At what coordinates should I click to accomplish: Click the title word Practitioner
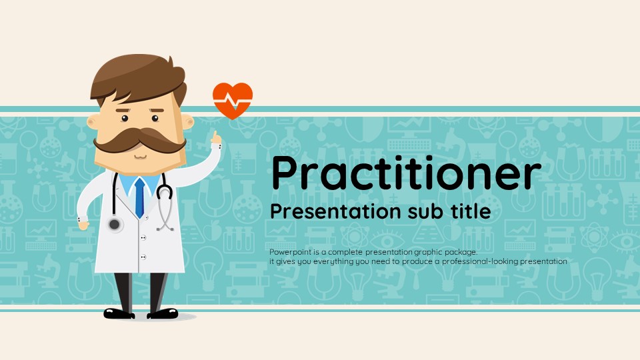click(x=406, y=173)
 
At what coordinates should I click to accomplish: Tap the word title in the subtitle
click(x=471, y=211)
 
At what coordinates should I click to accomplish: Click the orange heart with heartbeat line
click(x=233, y=101)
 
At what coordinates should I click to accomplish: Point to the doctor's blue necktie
click(x=139, y=197)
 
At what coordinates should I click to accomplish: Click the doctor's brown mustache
click(x=139, y=139)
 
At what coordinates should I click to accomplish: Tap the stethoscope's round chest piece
click(x=115, y=224)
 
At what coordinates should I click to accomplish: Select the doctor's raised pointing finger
click(x=214, y=136)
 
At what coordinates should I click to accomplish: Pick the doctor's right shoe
click(x=119, y=313)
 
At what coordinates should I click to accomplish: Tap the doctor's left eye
click(x=155, y=119)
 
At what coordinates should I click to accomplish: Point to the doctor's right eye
click(x=125, y=119)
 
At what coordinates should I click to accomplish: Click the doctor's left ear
click(x=188, y=121)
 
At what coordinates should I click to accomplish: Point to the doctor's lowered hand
click(x=84, y=224)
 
